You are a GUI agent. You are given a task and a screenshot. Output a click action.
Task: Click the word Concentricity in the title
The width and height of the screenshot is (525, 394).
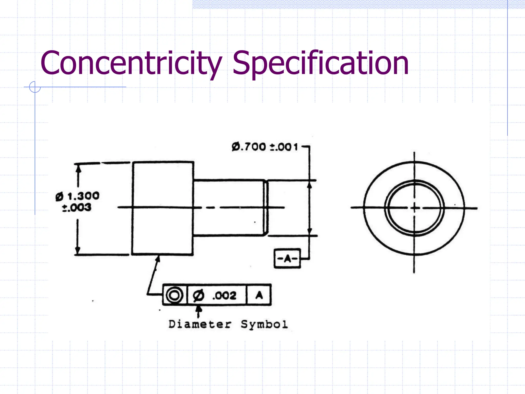(131, 63)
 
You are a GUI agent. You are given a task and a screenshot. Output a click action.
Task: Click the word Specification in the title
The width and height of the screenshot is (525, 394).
(320, 63)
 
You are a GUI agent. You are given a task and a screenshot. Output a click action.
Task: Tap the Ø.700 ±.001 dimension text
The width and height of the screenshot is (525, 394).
(265, 147)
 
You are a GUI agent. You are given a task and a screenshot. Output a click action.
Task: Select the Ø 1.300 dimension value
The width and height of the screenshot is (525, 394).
(78, 196)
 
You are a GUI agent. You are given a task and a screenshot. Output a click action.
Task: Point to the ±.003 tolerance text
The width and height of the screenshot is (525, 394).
(77, 208)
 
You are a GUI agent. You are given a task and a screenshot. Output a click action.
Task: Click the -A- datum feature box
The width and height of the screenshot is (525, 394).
(287, 259)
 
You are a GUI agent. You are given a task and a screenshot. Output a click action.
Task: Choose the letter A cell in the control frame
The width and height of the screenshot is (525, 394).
(259, 295)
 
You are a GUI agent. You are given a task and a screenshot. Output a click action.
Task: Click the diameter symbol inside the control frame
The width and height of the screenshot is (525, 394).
(198, 295)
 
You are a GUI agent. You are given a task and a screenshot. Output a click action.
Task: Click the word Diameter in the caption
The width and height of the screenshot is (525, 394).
(200, 324)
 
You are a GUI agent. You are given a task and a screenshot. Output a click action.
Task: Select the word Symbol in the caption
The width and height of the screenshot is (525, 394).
(264, 324)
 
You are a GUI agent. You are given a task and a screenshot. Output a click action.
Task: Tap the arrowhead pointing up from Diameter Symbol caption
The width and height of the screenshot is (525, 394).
(198, 308)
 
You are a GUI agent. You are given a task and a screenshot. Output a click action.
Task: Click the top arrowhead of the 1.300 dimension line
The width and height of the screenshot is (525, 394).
(78, 168)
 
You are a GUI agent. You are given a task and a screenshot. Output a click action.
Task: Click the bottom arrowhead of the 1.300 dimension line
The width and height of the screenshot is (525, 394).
(77, 250)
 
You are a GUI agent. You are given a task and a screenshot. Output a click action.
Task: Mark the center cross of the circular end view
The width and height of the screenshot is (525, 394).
(414, 208)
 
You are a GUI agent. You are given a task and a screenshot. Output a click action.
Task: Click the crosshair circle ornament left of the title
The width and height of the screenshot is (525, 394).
(35, 87)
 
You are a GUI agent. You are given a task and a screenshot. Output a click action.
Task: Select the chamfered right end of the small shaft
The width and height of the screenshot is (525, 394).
(266, 208)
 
